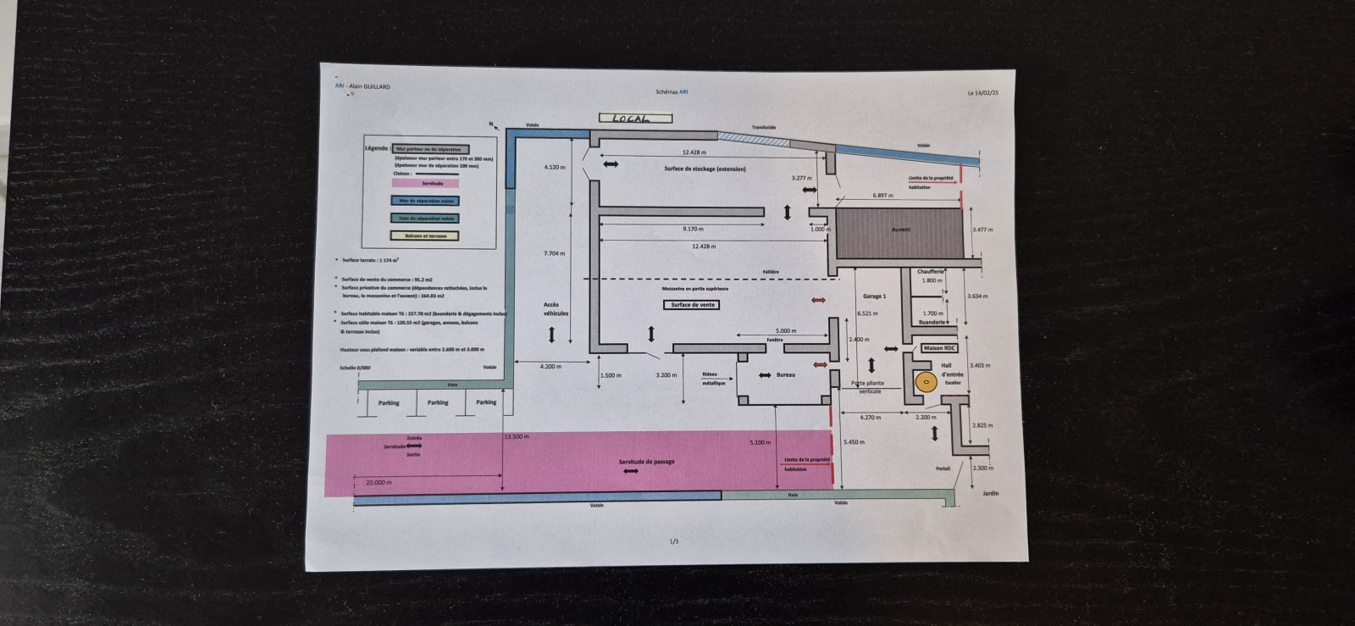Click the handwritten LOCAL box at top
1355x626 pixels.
coord(635,119)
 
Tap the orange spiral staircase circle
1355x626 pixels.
coord(926,382)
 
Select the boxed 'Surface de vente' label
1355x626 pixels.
coord(693,305)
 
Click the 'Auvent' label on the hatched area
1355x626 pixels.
coord(900,230)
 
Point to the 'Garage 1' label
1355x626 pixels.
coord(874,296)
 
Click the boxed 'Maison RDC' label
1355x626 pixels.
coord(938,348)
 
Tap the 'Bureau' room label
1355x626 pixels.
coord(785,374)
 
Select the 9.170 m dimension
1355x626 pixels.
coord(693,229)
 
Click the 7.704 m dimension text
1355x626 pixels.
coord(554,253)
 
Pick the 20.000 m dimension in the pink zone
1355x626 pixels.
coord(379,482)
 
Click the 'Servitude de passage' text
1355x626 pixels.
coord(646,462)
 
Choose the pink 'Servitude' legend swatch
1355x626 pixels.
coord(425,183)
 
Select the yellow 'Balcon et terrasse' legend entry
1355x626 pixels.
coord(425,236)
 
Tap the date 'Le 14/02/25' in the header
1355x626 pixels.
coord(982,93)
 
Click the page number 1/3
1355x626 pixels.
coord(674,541)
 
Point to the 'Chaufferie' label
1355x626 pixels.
coord(930,272)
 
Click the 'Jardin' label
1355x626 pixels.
coord(990,493)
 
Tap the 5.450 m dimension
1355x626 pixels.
coord(854,442)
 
